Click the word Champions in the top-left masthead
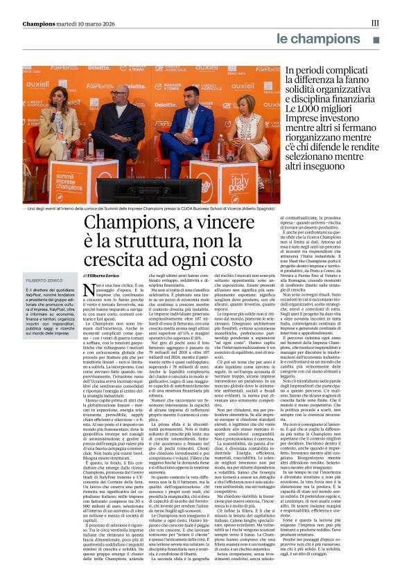click(41, 23)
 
